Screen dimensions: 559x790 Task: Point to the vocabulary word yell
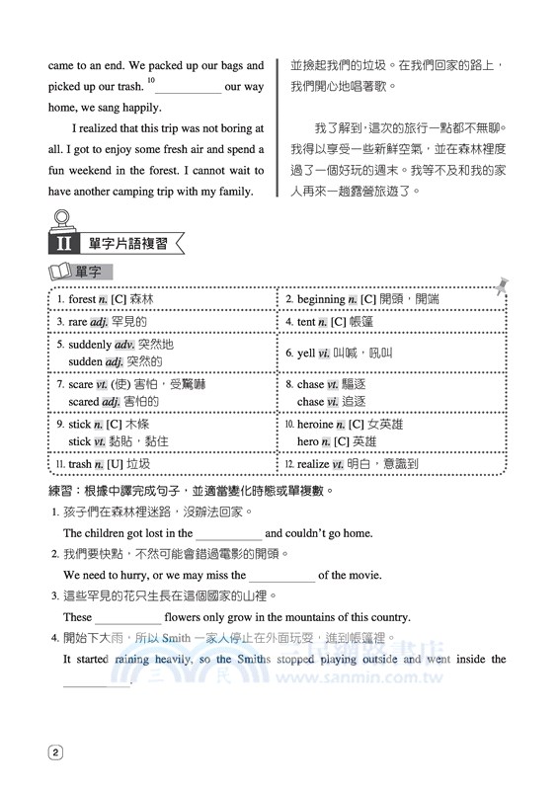point(306,353)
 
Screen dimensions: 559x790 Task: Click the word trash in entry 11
point(83,463)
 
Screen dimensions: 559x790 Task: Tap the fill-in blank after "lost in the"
point(229,534)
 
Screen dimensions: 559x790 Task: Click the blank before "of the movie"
point(281,576)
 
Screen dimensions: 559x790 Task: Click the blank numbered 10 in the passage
point(187,88)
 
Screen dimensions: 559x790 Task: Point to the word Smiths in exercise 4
point(254,659)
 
